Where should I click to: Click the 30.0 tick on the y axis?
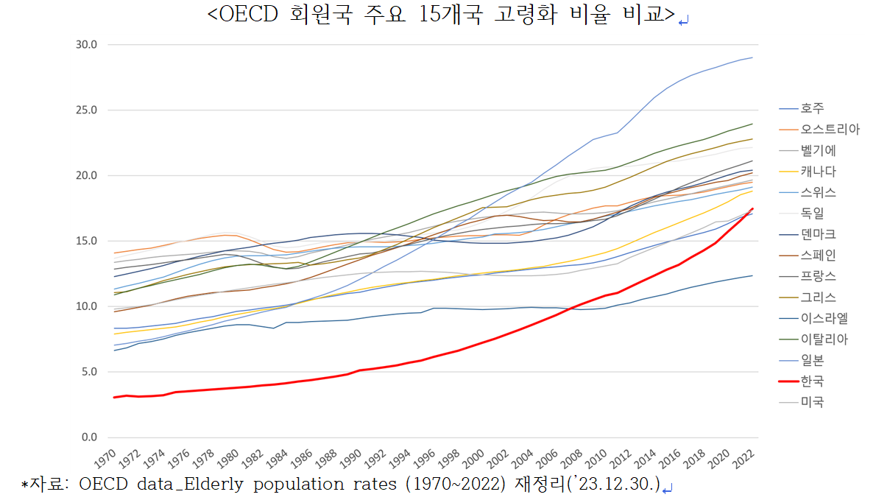point(87,45)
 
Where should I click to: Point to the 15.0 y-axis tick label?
point(87,241)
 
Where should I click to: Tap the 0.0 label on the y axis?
point(90,437)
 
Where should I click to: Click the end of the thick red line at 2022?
point(752,208)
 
